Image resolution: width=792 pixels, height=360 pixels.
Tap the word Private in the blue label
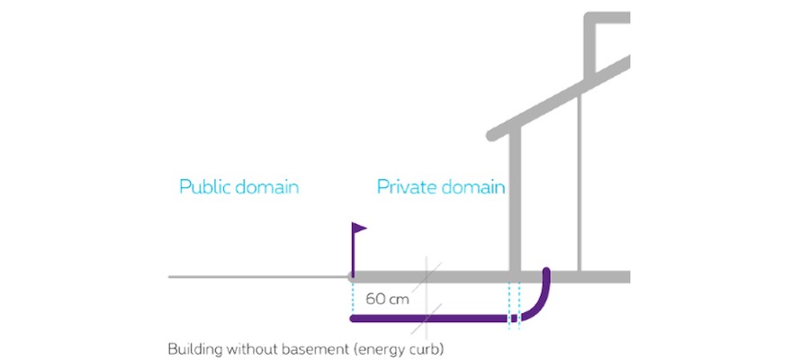point(401,188)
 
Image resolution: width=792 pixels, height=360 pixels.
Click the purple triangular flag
point(360,229)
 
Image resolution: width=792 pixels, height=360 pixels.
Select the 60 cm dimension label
point(388,298)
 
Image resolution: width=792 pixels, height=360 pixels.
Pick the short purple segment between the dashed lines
point(515,319)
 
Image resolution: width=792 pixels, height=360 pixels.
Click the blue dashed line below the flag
point(351,297)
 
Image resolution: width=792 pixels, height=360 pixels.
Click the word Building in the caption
point(193,347)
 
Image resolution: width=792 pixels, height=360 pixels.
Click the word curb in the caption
point(426,347)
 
